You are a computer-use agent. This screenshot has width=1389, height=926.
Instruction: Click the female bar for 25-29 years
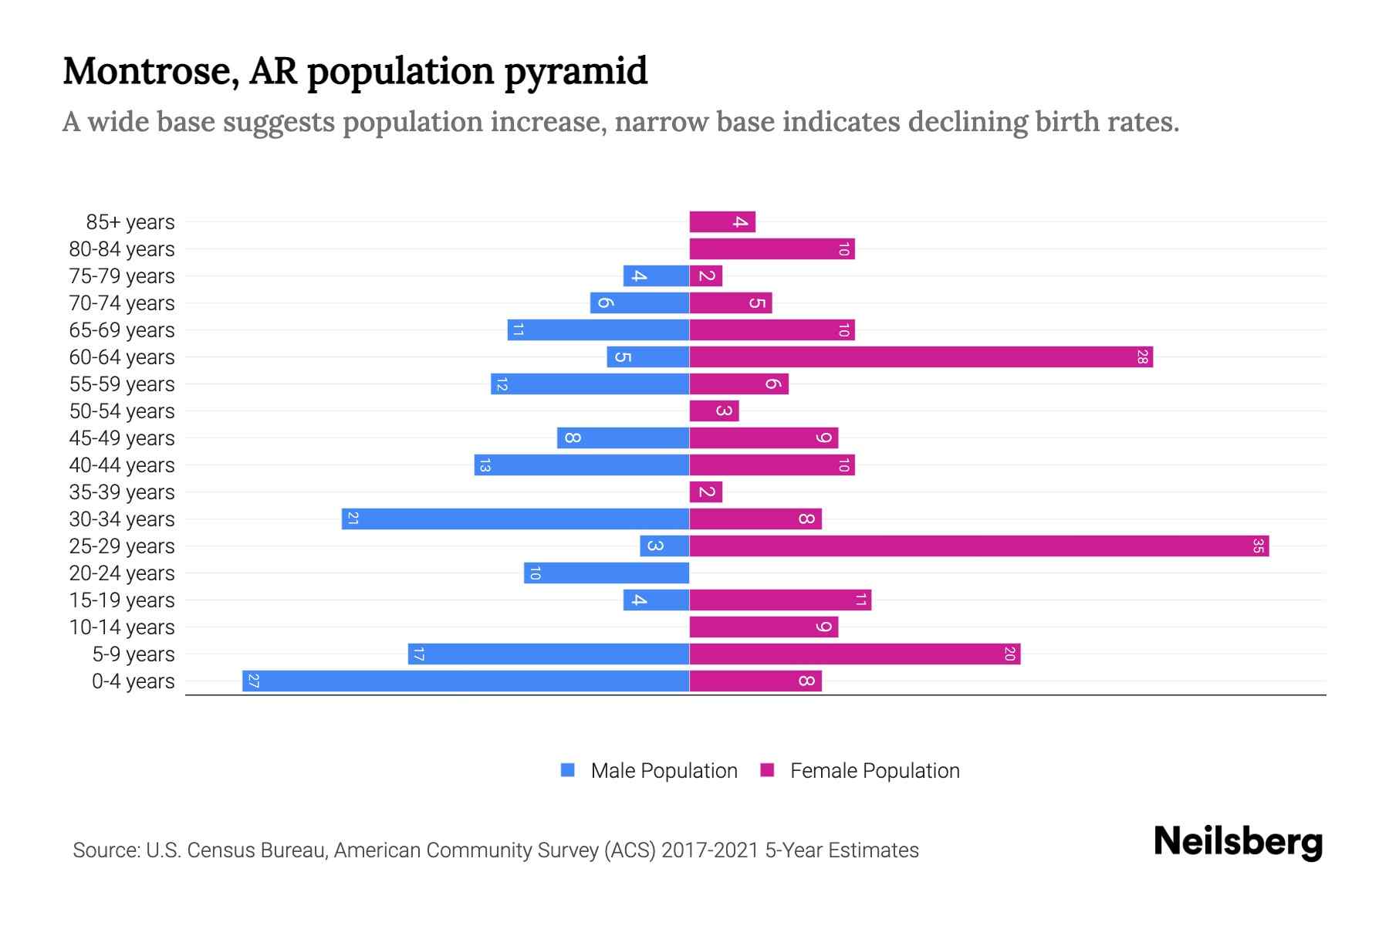pos(978,546)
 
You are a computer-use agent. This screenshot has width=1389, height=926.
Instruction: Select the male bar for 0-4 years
pos(465,681)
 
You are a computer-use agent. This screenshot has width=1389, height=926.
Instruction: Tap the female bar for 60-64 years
pos(921,357)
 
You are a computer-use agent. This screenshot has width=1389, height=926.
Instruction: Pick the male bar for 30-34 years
pos(515,519)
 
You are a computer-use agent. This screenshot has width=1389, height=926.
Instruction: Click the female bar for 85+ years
pos(722,222)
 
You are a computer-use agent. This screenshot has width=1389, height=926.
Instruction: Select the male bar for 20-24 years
pos(607,573)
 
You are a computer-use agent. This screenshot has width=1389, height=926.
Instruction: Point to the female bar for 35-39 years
pos(705,492)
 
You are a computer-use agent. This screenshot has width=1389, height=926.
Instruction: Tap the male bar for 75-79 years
pos(656,276)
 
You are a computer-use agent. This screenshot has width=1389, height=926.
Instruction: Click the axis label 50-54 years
pos(122,411)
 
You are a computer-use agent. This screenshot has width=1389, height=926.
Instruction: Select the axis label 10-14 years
pos(122,627)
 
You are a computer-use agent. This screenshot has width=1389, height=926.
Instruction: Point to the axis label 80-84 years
pos(122,249)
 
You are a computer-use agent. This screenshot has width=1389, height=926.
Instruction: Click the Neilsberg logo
pos(1238,842)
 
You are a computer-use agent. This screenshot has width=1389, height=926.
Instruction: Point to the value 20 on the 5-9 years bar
pos(1009,654)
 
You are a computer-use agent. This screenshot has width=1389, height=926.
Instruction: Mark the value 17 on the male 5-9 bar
pos(419,654)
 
